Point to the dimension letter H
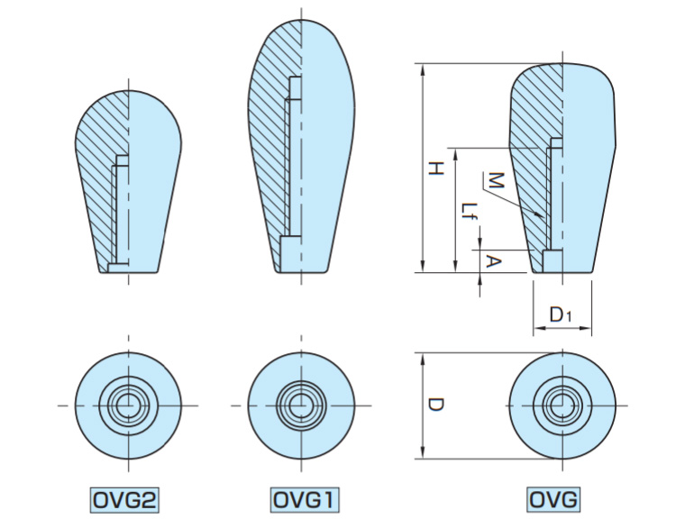coord(435,168)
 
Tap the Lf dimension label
coord(467,213)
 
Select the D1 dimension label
coord(561,314)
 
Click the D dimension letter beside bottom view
coord(435,406)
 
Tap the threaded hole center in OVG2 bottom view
coord(129,405)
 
